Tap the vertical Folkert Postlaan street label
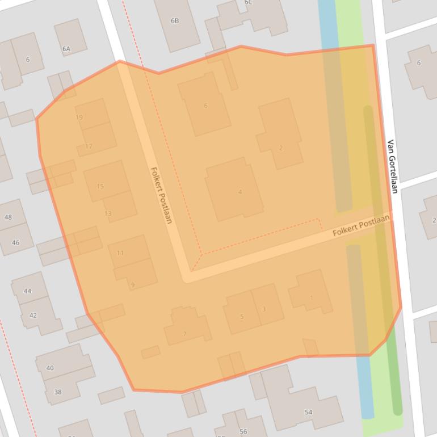(161, 195)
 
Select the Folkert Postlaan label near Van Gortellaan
(362, 225)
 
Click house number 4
(240, 192)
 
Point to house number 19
(79, 117)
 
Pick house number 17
(89, 146)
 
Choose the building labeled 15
(100, 186)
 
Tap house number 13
(108, 213)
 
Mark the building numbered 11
(120, 253)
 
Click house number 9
(133, 285)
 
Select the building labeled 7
(184, 334)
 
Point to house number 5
(242, 317)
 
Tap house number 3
(264, 309)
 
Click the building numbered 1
(312, 297)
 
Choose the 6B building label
(175, 21)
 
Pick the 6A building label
(66, 49)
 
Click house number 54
(308, 412)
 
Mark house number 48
(8, 217)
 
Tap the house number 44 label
(27, 291)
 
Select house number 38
(57, 392)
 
